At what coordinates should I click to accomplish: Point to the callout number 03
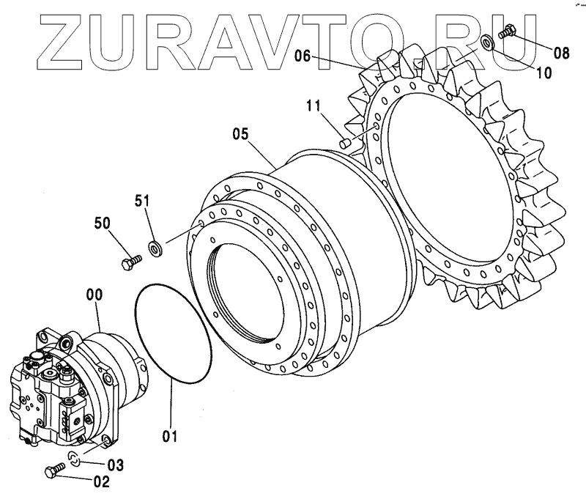point(116,465)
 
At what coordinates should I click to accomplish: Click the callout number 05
point(241,134)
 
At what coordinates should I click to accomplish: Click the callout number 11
point(314,107)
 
